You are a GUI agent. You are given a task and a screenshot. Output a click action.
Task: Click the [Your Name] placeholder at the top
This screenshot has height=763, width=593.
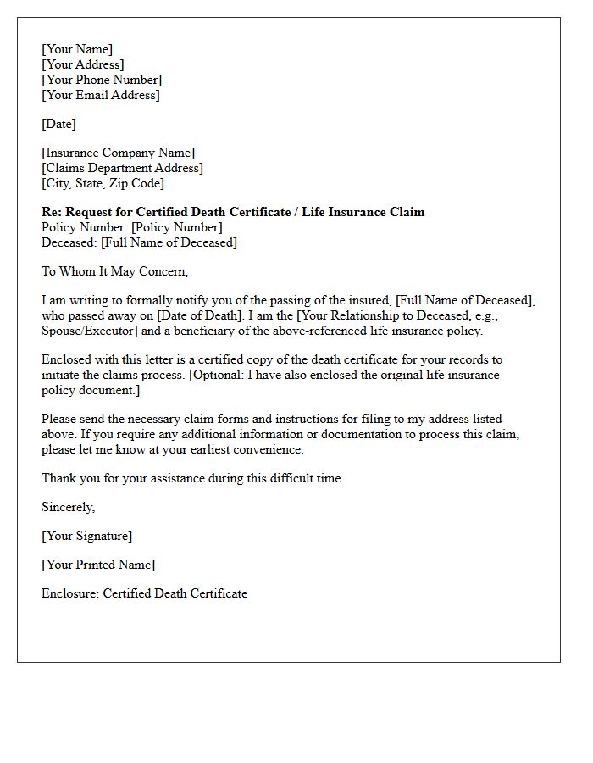tap(77, 49)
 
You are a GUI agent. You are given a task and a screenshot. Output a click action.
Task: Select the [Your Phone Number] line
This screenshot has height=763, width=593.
tap(102, 80)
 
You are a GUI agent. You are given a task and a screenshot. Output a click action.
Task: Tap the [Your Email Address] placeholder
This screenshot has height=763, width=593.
tap(100, 95)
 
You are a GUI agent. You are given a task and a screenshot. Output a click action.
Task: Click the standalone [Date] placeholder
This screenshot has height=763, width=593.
tap(58, 124)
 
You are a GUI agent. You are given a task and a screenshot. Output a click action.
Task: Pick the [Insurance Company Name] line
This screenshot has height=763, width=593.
tap(118, 153)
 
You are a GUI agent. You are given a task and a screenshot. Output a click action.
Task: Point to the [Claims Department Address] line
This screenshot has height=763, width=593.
tap(122, 168)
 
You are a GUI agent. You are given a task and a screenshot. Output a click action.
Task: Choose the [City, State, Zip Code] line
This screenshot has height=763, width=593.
tap(103, 183)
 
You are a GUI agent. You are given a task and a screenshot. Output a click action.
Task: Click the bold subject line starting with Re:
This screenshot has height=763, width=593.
tap(233, 212)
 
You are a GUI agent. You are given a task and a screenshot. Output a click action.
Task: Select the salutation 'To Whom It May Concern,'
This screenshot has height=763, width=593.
tap(114, 271)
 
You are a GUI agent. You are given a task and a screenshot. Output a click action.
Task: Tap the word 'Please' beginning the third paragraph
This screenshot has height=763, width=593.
tap(60, 419)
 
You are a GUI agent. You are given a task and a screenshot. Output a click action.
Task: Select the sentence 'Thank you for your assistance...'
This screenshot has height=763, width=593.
tap(192, 478)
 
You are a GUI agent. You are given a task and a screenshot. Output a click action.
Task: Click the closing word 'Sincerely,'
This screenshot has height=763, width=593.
tap(69, 507)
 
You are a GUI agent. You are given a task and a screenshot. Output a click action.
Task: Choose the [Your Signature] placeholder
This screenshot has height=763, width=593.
tap(86, 536)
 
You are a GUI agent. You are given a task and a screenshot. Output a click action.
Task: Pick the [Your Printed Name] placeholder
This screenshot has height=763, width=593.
tap(98, 565)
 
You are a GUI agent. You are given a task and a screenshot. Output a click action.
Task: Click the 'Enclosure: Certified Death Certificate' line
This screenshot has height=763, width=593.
tap(144, 593)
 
